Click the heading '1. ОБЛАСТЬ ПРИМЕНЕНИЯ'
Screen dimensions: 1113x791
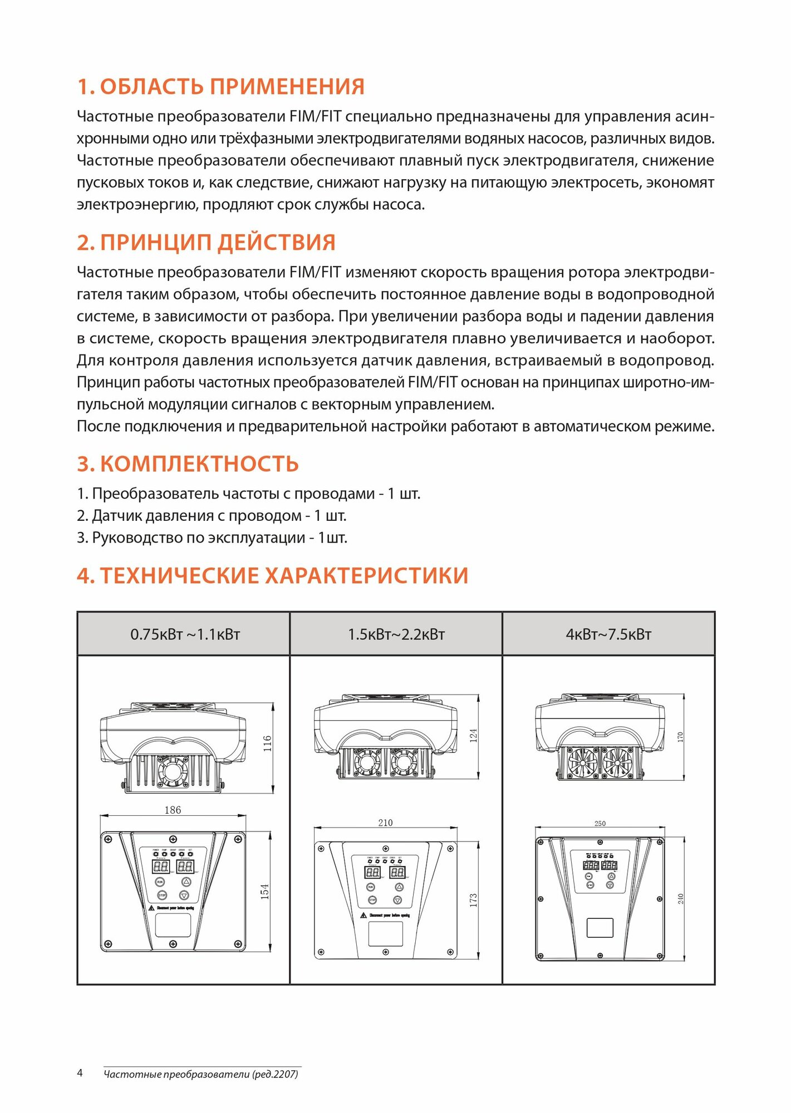pos(220,87)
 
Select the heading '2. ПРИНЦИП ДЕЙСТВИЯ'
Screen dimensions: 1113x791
pos(206,243)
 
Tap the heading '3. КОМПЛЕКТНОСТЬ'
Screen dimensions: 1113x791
pos(188,464)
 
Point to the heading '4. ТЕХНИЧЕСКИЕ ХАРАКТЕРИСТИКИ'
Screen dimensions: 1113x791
pos(272,575)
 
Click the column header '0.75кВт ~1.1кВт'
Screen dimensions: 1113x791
pos(185,634)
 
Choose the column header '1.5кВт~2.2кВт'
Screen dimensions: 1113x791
pos(396,634)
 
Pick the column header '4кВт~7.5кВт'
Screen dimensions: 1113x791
pos(608,634)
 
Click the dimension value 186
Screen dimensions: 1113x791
pos(173,810)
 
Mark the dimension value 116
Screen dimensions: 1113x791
pos(268,743)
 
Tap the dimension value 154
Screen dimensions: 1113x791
pos(265,891)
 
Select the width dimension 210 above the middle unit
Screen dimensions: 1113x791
pos(385,823)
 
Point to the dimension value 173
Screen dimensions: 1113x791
pos(474,900)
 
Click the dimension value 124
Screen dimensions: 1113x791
pos(474,736)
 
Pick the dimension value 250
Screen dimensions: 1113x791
pos(600,824)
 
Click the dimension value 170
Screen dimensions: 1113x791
pos(680,737)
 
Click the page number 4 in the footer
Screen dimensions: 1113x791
pos(80,1073)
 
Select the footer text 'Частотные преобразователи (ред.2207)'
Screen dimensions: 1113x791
pos(201,1074)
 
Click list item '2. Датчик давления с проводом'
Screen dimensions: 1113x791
pos(212,516)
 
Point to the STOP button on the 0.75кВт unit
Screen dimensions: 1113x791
pos(162,895)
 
